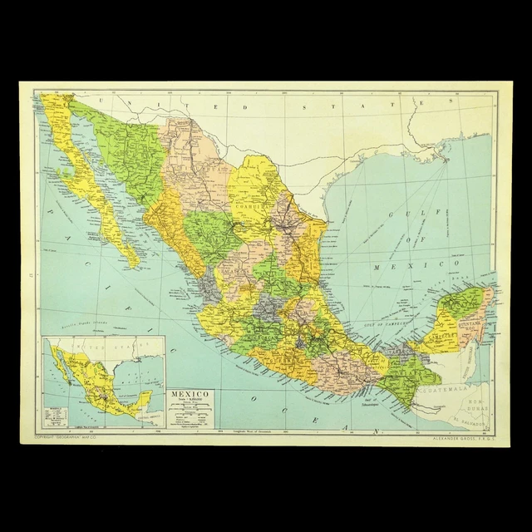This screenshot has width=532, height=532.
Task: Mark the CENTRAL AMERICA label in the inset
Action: point(141,406)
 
